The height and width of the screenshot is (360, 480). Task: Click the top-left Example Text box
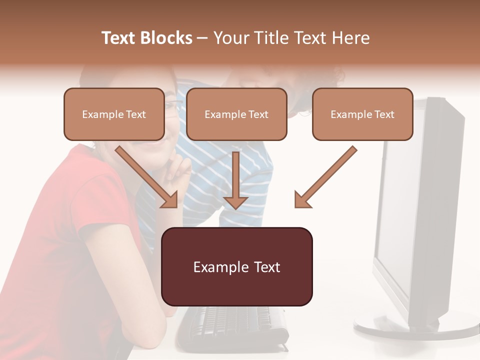[114, 114]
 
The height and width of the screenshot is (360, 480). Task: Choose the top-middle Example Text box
[236, 114]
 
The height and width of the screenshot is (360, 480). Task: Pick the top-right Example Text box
[362, 114]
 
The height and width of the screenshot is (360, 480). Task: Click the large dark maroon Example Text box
[237, 267]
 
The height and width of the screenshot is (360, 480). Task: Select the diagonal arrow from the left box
[147, 177]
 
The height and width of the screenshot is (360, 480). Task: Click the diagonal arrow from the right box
[325, 177]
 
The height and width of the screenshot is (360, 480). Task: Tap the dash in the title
[202, 38]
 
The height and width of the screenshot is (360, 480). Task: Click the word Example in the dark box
[214, 267]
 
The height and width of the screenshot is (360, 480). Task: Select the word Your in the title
[229, 38]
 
